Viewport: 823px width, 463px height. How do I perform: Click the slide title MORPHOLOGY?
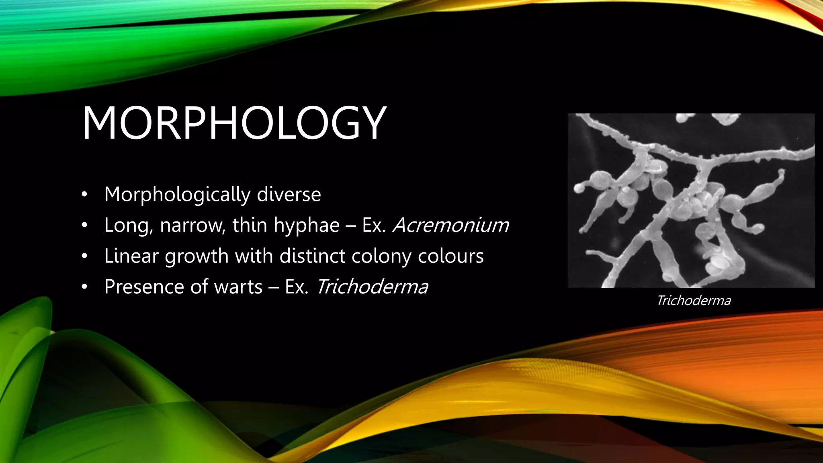[x=234, y=123]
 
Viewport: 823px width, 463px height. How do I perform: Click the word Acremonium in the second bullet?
[x=451, y=225]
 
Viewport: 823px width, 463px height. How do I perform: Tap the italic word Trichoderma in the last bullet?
[x=372, y=287]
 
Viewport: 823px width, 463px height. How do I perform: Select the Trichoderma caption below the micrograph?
[x=693, y=301]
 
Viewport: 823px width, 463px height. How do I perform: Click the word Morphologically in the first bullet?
[x=176, y=195]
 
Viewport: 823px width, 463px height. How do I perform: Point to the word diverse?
[x=289, y=195]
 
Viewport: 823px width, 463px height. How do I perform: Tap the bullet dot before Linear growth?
[x=84, y=256]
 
